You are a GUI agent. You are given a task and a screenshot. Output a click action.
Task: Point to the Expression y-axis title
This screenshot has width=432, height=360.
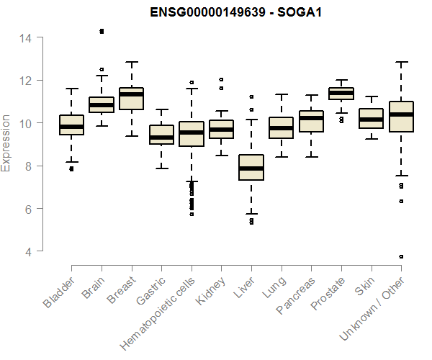point(6,143)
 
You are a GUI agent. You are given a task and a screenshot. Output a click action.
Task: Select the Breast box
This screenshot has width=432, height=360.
point(131,99)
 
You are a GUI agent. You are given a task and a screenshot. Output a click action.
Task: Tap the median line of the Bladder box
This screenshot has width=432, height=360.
point(71,127)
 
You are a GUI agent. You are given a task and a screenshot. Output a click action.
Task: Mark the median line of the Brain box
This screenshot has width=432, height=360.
point(102,105)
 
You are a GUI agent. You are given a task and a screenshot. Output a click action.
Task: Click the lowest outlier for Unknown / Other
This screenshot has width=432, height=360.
point(401,256)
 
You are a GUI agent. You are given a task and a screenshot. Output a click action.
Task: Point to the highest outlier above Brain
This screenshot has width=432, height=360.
point(102,31)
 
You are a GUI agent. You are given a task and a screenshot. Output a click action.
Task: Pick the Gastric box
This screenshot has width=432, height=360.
point(161,135)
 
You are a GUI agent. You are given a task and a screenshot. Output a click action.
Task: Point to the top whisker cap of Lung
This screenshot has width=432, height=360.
point(281,94)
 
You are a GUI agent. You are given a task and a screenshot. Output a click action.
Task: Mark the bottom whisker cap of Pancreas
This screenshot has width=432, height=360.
point(311,156)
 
